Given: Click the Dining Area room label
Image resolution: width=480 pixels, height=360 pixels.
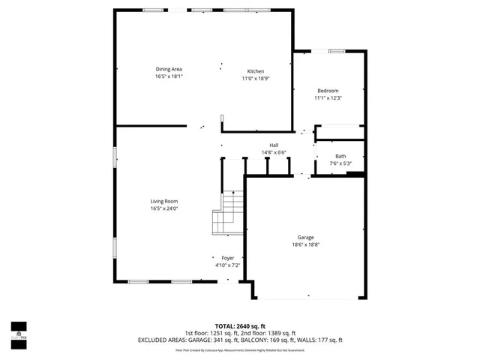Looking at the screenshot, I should coord(169,69).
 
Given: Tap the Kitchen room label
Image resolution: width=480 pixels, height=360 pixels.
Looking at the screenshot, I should coord(256,71).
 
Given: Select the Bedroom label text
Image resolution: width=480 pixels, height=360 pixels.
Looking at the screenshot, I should coord(328,91).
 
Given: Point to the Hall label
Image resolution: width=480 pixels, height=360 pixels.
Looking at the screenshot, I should coord(274,145).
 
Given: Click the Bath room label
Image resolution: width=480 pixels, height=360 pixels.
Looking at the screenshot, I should coord(340,157).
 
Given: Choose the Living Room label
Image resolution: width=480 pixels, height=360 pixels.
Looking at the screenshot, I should coord(164,201).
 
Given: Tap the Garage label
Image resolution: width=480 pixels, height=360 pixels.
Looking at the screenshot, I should coord(305,237).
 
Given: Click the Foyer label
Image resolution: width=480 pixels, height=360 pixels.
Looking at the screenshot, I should coord(227,258).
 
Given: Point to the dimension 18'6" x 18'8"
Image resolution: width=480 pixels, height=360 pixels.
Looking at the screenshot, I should coord(305,244).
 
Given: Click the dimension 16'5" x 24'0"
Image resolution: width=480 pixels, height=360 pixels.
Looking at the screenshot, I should coord(164,208).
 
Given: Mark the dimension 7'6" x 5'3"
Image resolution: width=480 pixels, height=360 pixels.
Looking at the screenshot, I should coord(340,164).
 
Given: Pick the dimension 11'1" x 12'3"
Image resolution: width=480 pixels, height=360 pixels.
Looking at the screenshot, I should coord(328,98).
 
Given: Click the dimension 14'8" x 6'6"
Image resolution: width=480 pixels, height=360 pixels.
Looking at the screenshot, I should coord(274,153).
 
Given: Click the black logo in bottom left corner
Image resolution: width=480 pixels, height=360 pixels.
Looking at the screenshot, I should coord(19,330).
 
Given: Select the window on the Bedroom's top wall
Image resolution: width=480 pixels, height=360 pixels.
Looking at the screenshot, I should coord(335,51).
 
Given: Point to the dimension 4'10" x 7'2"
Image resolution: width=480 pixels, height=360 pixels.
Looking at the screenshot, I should coord(227,265).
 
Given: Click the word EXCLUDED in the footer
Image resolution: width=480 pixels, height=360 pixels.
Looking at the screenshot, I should coord(154,340).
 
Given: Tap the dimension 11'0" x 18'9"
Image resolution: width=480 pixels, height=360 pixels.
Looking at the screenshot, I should coord(256,79).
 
